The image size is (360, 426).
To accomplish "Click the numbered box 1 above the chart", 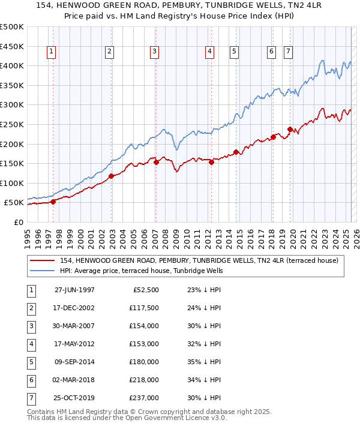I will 51,52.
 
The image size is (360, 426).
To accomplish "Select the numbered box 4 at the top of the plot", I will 209,52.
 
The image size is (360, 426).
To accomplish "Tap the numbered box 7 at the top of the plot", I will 288,52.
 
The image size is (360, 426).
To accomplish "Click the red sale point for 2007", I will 156,161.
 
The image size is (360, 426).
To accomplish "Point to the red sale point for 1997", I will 53,202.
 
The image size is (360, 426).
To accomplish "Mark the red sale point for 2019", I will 290,129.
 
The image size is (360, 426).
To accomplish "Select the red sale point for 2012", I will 211,162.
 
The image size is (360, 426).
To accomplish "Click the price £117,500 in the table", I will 145,308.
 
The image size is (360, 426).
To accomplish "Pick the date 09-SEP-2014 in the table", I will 74,362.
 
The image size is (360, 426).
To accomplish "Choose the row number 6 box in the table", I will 30,380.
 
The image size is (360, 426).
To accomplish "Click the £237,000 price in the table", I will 145,398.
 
